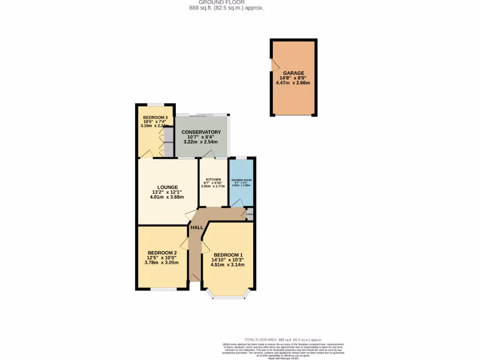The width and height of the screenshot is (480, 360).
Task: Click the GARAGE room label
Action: (x=293, y=73)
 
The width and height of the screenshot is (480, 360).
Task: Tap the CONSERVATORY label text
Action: (x=201, y=132)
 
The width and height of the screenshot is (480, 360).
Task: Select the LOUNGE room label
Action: (x=167, y=187)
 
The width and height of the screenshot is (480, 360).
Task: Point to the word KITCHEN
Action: (x=213, y=180)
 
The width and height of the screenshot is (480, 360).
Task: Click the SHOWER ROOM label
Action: (x=241, y=180)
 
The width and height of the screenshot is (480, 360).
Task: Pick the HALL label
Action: (x=196, y=227)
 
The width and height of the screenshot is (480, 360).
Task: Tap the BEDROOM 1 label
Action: (x=228, y=255)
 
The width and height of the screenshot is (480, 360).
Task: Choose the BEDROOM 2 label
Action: (x=162, y=252)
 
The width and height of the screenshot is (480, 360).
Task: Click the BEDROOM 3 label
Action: (x=155, y=117)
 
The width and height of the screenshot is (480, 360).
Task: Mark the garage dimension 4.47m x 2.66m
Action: (x=293, y=83)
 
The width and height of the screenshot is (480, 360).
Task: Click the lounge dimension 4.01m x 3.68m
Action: (x=167, y=197)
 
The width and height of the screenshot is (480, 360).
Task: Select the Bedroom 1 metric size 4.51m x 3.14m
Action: (x=228, y=265)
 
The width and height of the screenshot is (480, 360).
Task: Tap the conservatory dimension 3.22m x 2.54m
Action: (x=201, y=142)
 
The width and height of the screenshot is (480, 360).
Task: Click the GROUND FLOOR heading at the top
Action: (x=223, y=2)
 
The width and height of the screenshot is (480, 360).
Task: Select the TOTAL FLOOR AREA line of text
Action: (x=283, y=339)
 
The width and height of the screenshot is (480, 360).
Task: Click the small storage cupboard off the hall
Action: (x=250, y=215)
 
